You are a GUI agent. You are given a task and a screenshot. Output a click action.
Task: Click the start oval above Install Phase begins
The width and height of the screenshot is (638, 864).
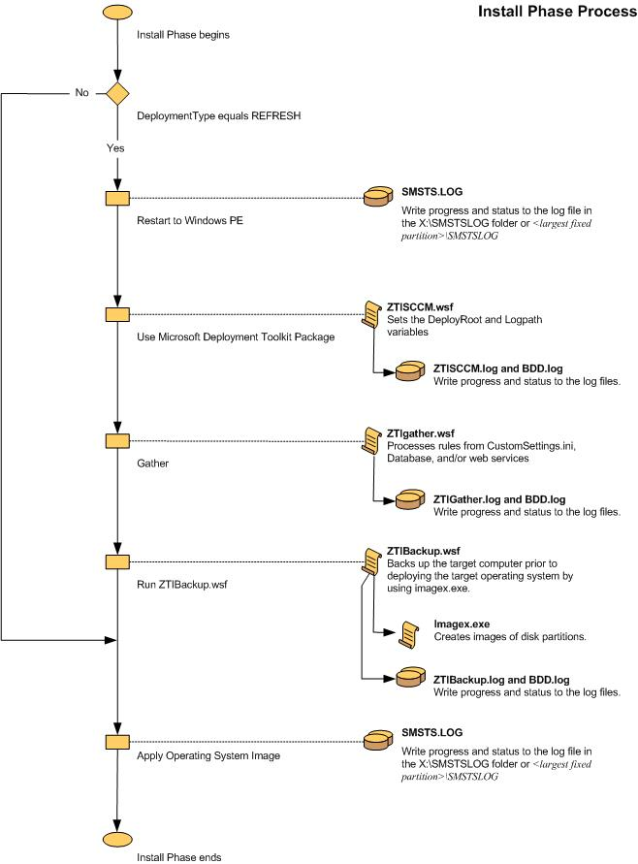(x=117, y=14)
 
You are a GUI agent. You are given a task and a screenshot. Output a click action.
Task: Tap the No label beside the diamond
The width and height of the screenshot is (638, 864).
(x=81, y=93)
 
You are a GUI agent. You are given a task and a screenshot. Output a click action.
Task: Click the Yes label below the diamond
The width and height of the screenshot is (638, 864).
(x=116, y=148)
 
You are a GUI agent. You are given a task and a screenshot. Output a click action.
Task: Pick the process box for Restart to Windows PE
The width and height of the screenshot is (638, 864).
(x=117, y=198)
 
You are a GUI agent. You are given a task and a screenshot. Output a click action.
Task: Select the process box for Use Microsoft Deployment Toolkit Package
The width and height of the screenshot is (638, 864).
(x=117, y=314)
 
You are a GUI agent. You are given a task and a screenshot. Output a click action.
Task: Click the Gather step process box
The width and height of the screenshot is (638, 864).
(x=117, y=440)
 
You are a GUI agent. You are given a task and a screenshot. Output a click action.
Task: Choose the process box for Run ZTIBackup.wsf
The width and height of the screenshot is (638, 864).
(x=117, y=561)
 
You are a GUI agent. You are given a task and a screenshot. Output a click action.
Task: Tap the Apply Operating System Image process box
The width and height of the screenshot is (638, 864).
(x=117, y=742)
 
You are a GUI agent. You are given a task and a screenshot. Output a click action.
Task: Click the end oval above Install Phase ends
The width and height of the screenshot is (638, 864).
(x=117, y=838)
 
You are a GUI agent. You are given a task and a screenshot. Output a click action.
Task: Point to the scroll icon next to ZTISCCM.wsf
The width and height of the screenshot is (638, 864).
(x=371, y=314)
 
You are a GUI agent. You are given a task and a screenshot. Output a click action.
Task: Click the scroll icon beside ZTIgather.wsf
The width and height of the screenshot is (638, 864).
(x=371, y=440)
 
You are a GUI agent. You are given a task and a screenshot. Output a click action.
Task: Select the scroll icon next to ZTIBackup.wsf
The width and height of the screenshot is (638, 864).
(x=371, y=561)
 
